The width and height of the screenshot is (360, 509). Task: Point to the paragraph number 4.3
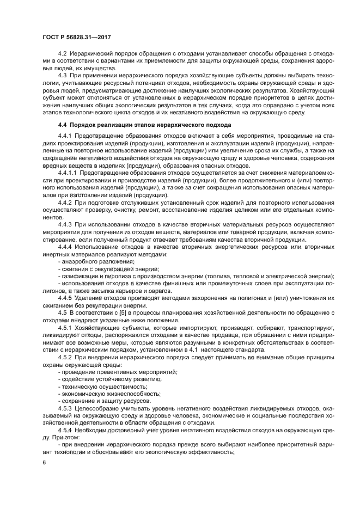coord(62,75)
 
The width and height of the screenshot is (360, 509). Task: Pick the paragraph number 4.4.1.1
coord(68,173)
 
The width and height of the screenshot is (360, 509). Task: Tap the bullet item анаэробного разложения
coord(95,261)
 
